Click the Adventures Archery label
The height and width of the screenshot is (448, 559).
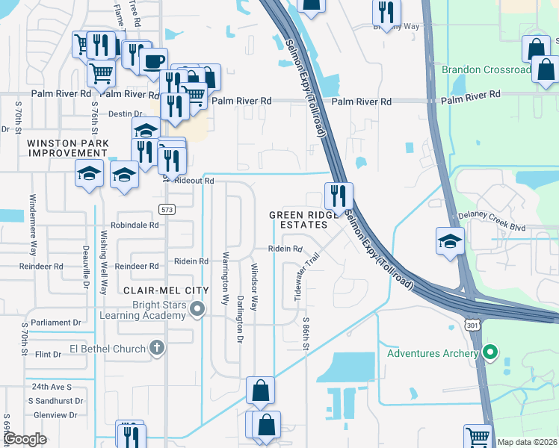pyautogui.click(x=433, y=353)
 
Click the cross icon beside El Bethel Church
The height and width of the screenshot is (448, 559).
pyautogui.click(x=157, y=347)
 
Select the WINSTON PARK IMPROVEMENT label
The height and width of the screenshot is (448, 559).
pyautogui.click(x=69, y=148)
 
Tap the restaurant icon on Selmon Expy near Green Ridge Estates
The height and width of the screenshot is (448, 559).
pyautogui.click(x=339, y=196)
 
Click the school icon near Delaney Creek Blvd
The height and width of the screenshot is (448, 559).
pyautogui.click(x=451, y=241)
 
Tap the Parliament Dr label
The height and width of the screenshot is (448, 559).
pyautogui.click(x=56, y=323)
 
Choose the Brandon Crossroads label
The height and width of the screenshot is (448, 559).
pyautogui.click(x=486, y=69)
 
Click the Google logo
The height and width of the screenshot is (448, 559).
pyautogui.click(x=25, y=439)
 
